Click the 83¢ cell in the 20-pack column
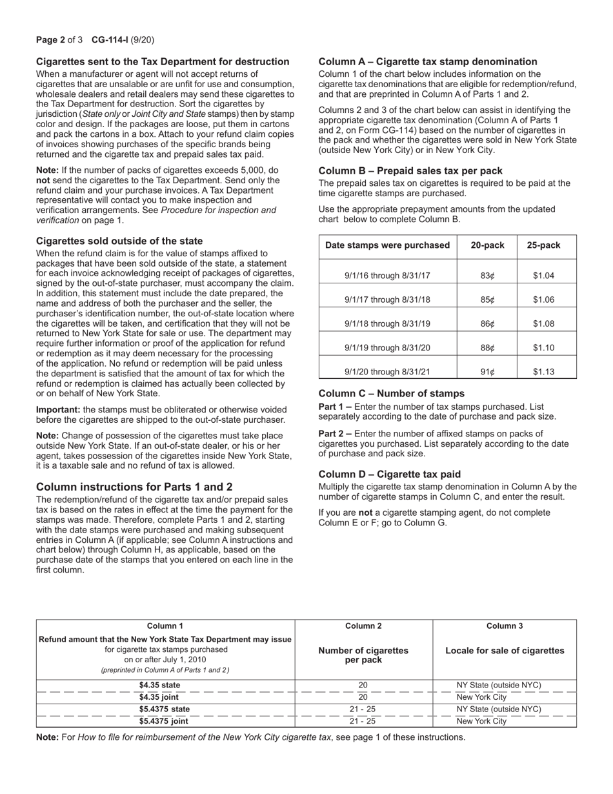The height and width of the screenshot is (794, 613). [487, 276]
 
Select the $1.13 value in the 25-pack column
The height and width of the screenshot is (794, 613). [543, 371]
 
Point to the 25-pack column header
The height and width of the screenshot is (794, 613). [543, 245]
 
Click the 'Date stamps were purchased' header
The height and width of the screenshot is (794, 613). [387, 245]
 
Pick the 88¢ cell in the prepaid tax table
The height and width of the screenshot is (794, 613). [487, 347]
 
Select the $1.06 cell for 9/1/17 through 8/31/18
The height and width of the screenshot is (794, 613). [543, 300]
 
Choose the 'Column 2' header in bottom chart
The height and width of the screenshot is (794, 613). [363, 626]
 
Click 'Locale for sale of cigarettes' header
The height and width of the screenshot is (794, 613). [505, 650]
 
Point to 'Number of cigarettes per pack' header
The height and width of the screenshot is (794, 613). [363, 655]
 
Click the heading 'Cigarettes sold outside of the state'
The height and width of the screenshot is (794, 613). [119, 241]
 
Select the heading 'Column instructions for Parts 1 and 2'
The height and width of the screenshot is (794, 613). [134, 487]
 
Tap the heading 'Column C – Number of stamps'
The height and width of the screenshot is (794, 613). [391, 394]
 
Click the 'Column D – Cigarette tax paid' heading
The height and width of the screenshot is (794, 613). [390, 474]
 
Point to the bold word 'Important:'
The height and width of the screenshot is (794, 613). [57, 409]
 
